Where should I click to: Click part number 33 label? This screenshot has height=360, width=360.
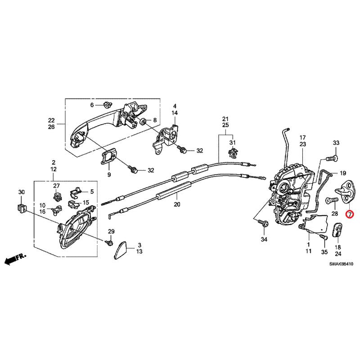pos(335,143)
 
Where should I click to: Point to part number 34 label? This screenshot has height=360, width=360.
pos(264,239)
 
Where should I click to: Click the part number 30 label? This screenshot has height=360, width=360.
pos(21,193)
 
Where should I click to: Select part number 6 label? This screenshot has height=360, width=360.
pos(92,105)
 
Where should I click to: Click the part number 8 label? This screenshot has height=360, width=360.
pos(155,120)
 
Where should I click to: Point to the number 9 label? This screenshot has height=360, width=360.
pos(108,174)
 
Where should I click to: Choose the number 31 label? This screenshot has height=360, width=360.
pos(233,143)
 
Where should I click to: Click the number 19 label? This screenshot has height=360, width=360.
pos(342,173)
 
